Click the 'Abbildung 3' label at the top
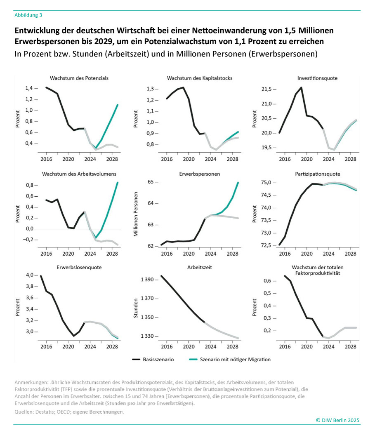pos(28,15)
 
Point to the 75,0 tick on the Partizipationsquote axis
pos(265,183)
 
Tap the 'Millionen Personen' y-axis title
pos(135,214)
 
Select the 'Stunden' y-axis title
pos(135,308)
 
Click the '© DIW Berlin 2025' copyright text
pos(337,420)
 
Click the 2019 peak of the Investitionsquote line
pos(301,87)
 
